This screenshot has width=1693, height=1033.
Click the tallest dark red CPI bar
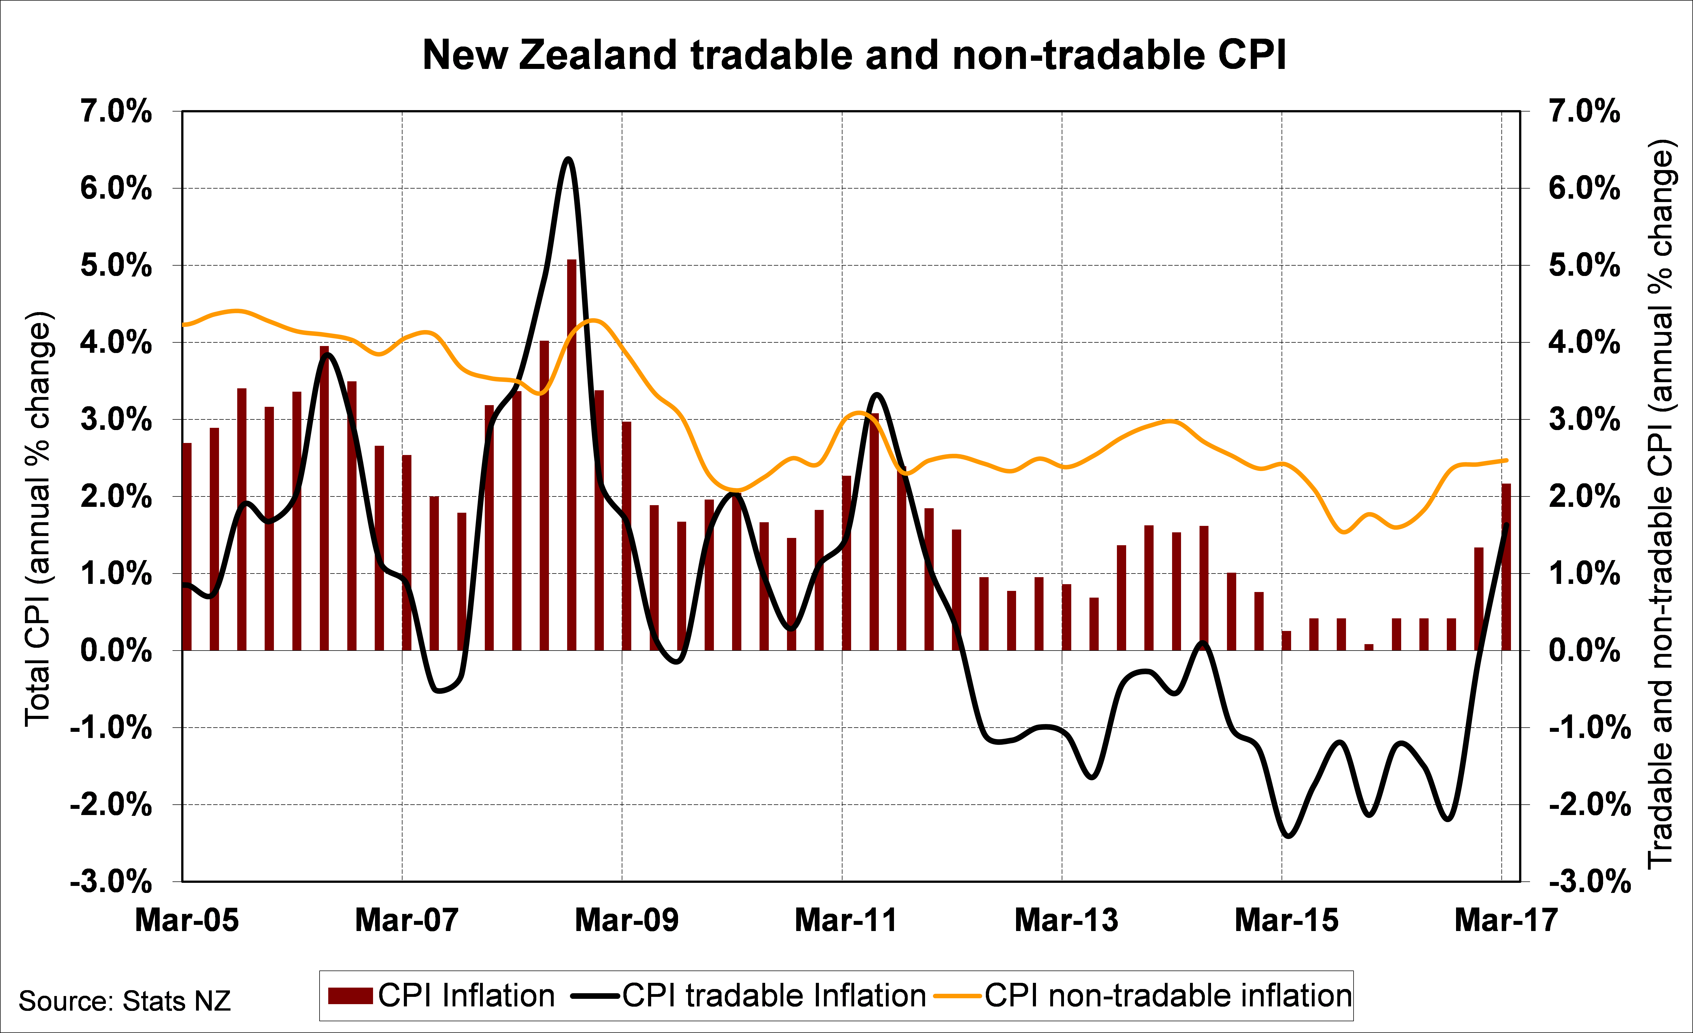click(x=572, y=454)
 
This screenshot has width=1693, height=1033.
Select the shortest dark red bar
click(x=1369, y=647)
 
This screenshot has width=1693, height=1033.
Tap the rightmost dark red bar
click(x=1506, y=567)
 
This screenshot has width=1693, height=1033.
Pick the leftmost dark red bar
click(x=187, y=546)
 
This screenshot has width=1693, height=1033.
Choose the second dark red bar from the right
click(x=1479, y=599)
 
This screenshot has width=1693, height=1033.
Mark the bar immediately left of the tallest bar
click(x=544, y=495)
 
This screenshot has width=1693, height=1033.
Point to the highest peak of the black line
click(x=568, y=159)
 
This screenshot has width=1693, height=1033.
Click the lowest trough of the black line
click(x=1288, y=836)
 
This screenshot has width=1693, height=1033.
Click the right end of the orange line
click(x=1506, y=460)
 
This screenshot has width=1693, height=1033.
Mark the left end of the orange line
click(x=184, y=324)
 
